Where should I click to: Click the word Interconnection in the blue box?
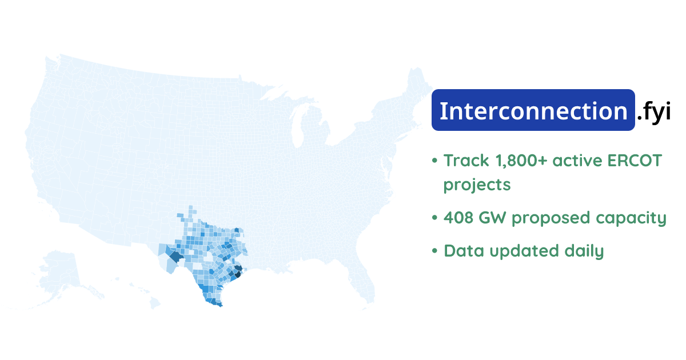(533, 111)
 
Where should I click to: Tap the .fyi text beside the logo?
(653, 111)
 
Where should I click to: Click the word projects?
(477, 185)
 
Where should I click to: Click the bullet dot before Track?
(435, 161)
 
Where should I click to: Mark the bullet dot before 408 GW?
(435, 218)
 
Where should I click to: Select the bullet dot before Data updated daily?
(435, 251)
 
